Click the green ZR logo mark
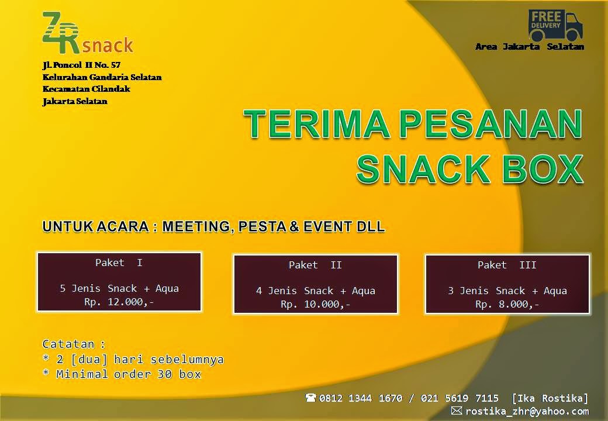(x=61, y=33)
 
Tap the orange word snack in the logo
(x=108, y=45)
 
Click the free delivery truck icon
(x=555, y=25)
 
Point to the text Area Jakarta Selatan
(x=530, y=47)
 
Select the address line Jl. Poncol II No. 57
(x=81, y=65)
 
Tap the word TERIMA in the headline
(x=317, y=123)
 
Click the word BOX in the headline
(x=543, y=169)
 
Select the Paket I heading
(x=119, y=263)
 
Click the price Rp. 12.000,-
(x=119, y=302)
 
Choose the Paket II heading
(x=315, y=265)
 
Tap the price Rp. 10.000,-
(x=315, y=304)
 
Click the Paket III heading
(x=507, y=265)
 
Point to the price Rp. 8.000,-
(x=507, y=304)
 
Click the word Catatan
(x=68, y=344)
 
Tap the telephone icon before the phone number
(x=310, y=398)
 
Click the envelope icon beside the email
(x=457, y=410)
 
